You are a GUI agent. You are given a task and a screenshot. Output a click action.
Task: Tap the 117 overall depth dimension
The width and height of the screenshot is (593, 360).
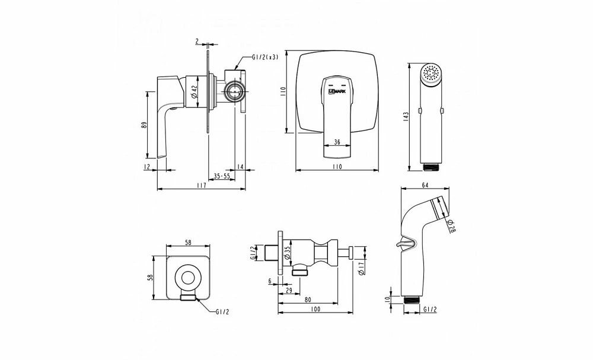(x=200, y=186)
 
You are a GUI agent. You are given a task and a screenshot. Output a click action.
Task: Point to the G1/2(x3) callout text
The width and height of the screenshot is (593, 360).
(x=264, y=57)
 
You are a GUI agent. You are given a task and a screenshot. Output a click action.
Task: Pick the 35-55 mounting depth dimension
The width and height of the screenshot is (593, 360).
(x=222, y=176)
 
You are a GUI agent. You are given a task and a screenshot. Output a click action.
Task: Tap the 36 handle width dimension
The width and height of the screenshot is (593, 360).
(x=337, y=142)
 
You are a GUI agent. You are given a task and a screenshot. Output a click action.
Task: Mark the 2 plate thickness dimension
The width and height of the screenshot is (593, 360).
(x=196, y=42)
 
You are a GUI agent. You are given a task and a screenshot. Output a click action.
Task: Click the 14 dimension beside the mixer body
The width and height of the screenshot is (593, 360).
(x=240, y=167)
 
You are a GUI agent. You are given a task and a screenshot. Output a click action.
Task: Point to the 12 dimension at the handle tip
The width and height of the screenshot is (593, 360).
(x=146, y=167)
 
